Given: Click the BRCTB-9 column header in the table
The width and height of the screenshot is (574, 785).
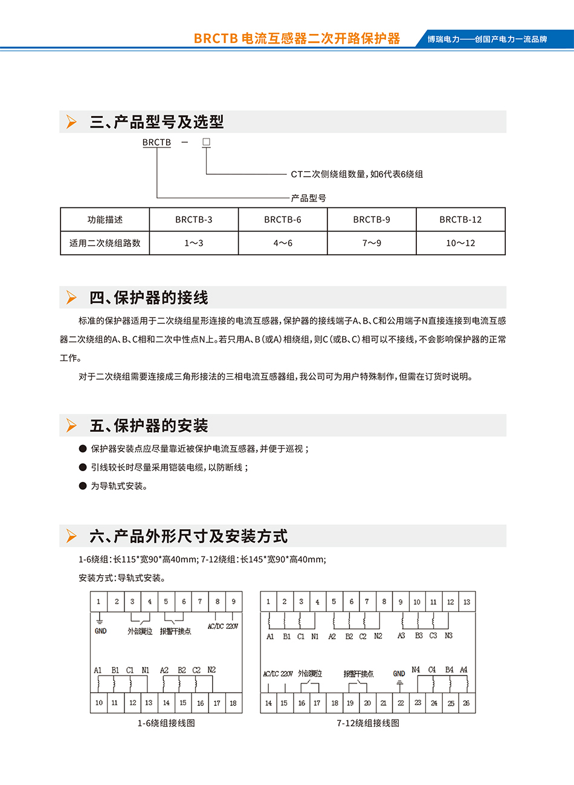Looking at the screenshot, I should pos(372,220).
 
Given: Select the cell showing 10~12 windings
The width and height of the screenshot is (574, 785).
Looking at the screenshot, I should pos(460,243).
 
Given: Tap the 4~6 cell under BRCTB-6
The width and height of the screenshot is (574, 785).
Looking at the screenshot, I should pos(283,243).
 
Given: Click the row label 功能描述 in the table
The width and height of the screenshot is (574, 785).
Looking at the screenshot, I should pos(105,220).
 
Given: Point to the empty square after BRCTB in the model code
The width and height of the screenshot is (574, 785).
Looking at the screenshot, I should pos(206,142).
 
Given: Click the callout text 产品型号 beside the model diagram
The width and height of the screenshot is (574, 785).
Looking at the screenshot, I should pos(308,198).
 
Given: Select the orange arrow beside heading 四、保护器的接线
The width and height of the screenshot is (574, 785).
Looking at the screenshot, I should pos(72,298).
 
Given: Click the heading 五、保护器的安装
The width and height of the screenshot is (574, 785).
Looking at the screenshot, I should pos(149,426).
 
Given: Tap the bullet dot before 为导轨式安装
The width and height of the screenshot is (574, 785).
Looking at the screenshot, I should pos(83,486).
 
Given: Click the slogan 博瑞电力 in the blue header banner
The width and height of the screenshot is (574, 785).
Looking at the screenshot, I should pos(487,39).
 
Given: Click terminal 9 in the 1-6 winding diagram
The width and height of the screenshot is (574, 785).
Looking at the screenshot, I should pos(234,602).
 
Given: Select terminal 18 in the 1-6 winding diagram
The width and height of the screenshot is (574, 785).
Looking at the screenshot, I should pos(233,703).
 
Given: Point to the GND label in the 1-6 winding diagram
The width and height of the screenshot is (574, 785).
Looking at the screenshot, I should pos(100,631).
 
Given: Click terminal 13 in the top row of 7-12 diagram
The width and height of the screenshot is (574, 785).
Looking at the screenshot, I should pos(466,602).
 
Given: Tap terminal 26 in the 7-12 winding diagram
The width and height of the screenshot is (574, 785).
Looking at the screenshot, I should pos(466,703).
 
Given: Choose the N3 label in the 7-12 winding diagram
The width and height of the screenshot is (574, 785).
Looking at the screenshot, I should pos(448,636).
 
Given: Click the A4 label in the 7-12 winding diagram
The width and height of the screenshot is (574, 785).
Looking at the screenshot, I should pos(463,670).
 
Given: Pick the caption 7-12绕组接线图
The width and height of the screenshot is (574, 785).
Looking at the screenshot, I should pos(368,723).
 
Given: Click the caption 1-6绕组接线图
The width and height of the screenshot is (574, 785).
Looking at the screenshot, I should pos(166,723).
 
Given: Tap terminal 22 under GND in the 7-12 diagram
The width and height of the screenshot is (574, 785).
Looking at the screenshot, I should pos(401,703).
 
